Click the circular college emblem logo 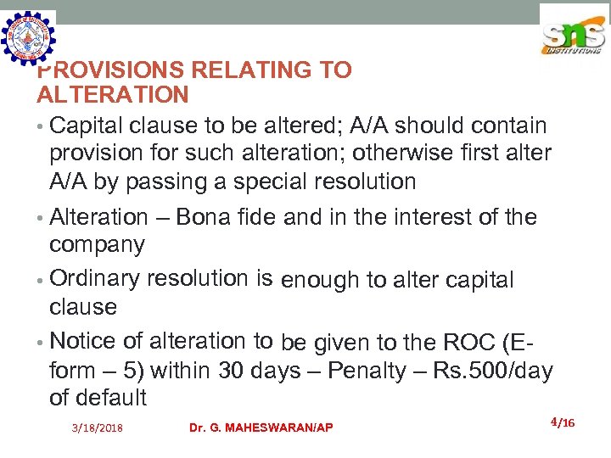(x=29, y=39)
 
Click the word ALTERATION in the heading (x=112, y=95)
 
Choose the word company (x=97, y=245)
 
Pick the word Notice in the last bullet (x=82, y=341)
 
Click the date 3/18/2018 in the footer (x=97, y=428)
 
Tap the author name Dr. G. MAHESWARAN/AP (x=261, y=427)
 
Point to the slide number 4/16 (x=563, y=422)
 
